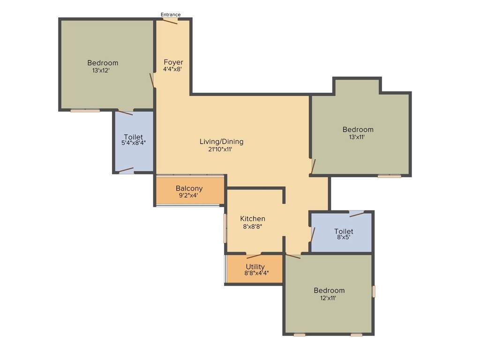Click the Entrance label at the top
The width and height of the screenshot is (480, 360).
click(171, 15)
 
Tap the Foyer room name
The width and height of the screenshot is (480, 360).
click(173, 62)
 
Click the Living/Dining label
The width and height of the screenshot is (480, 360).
click(221, 142)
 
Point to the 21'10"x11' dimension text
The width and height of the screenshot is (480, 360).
click(220, 150)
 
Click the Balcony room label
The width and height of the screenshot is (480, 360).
click(189, 188)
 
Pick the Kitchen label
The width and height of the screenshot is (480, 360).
click(253, 219)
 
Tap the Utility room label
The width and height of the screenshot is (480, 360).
click(255, 267)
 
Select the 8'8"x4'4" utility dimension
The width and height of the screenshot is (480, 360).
click(256, 273)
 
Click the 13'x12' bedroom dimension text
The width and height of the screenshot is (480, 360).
click(101, 70)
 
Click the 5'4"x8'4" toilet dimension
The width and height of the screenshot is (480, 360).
click(133, 143)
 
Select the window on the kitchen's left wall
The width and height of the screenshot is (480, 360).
click(225, 228)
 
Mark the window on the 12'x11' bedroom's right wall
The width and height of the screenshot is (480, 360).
click(374, 291)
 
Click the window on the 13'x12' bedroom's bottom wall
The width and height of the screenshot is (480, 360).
click(85, 111)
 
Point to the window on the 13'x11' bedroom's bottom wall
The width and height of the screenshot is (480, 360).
click(390, 176)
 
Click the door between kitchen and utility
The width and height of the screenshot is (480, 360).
click(254, 255)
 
